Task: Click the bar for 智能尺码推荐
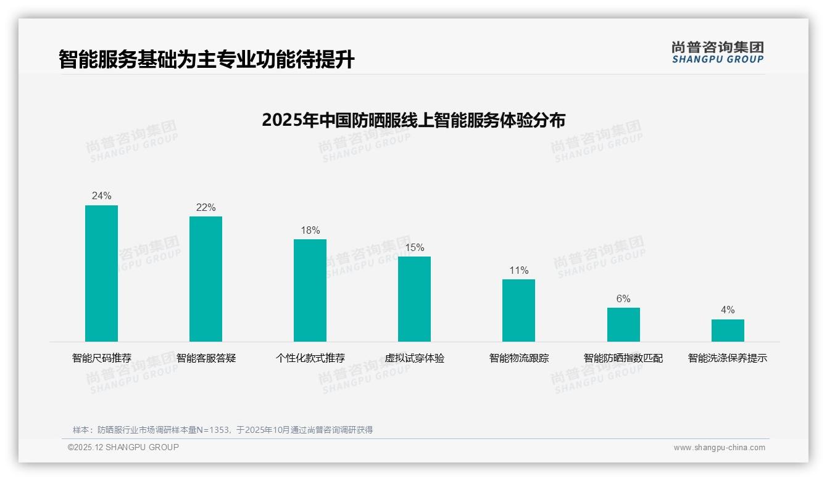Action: [101, 273]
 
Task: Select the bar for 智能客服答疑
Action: [206, 279]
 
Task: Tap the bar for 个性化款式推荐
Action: [310, 290]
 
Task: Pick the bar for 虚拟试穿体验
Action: [414, 299]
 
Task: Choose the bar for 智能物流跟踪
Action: [518, 310]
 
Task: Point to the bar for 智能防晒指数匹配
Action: [623, 324]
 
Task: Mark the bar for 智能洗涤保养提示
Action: [728, 331]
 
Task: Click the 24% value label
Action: [101, 196]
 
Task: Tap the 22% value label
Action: [206, 208]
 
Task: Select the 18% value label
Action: [310, 231]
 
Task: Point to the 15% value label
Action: [414, 248]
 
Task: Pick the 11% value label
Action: [518, 271]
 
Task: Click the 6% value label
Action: [623, 299]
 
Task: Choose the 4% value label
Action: [728, 310]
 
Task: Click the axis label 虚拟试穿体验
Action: [414, 358]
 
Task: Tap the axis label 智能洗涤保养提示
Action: [728, 358]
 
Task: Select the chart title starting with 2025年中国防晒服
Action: [413, 120]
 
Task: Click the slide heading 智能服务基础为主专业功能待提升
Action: [207, 60]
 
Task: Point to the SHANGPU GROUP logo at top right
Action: [717, 52]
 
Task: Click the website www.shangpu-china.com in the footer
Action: [719, 448]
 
